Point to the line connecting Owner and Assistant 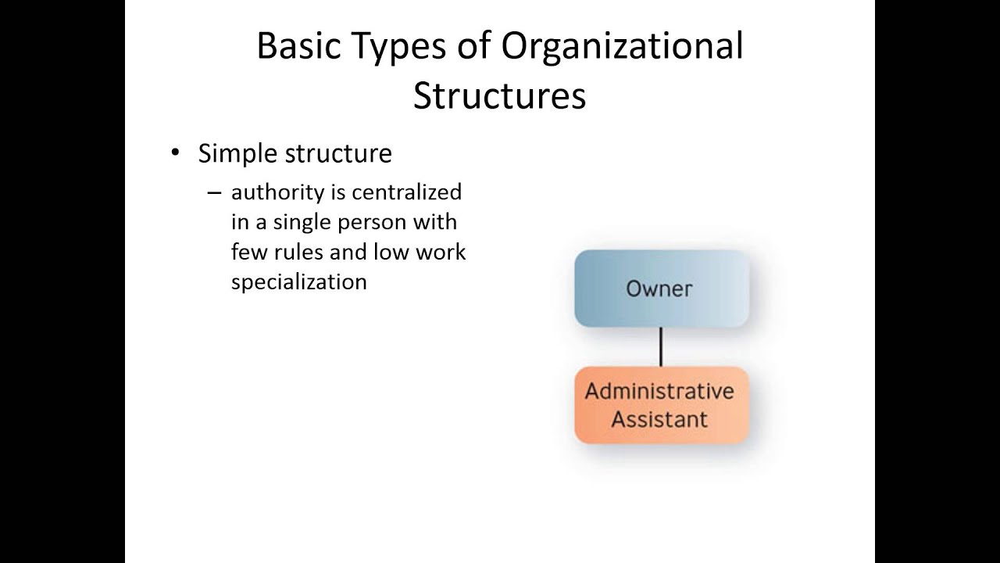[661, 346]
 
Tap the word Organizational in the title [622, 47]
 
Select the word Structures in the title [499, 95]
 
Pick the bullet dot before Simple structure [175, 152]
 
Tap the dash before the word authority [214, 192]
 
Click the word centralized [406, 192]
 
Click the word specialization [298, 282]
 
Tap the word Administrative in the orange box [659, 391]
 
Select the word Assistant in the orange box [659, 419]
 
